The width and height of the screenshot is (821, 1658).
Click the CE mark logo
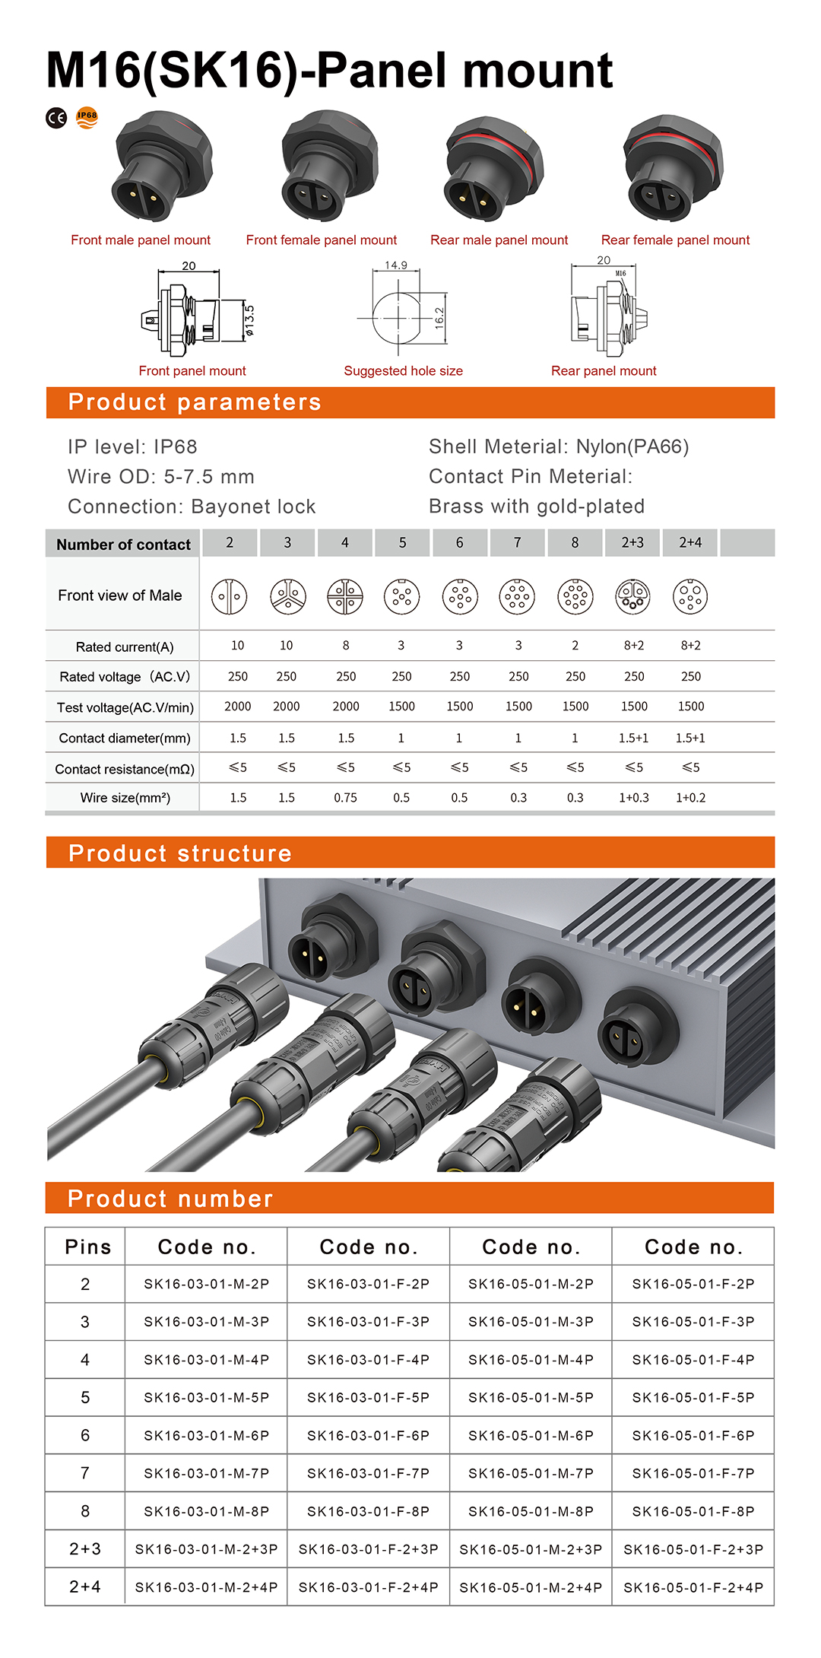point(56,118)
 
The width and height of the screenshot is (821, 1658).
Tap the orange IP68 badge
point(87,117)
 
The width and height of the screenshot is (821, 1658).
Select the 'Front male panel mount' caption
point(141,240)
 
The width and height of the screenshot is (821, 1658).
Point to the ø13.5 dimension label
point(249,320)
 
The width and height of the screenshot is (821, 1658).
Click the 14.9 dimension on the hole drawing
point(396,265)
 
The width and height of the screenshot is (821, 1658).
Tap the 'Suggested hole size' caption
point(403,371)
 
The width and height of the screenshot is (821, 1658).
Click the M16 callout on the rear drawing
point(620,273)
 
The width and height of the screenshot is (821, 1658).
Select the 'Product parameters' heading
point(195,402)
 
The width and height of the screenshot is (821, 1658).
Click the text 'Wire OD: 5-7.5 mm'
point(161,477)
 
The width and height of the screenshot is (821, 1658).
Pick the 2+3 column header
point(632,543)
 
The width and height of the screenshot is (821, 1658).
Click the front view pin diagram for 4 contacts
point(345,596)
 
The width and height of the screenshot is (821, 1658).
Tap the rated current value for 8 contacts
point(575,646)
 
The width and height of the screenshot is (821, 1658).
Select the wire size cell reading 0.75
point(345,798)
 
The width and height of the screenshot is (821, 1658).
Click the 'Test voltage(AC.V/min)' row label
point(125,708)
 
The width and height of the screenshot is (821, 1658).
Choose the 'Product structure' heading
point(180,853)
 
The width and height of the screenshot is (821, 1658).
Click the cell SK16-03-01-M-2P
point(207,1285)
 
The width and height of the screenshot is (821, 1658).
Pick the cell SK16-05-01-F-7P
point(693,1474)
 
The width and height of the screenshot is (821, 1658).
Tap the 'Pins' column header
point(88,1247)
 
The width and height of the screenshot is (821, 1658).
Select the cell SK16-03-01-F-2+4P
point(369,1588)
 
